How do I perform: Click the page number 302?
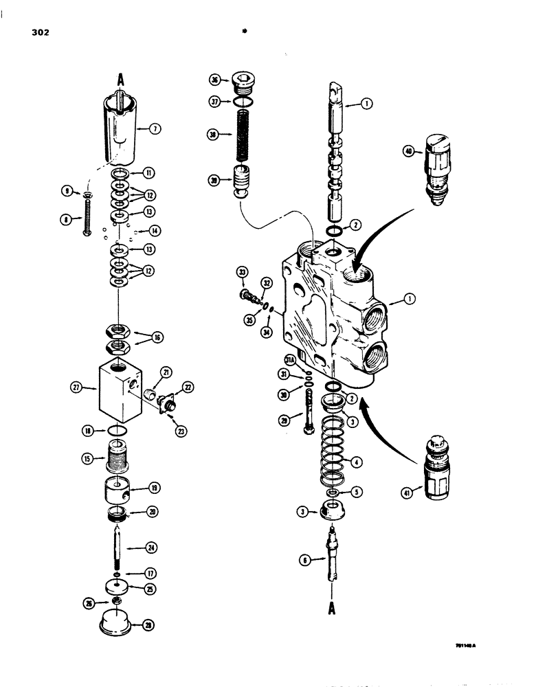[40, 32]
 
